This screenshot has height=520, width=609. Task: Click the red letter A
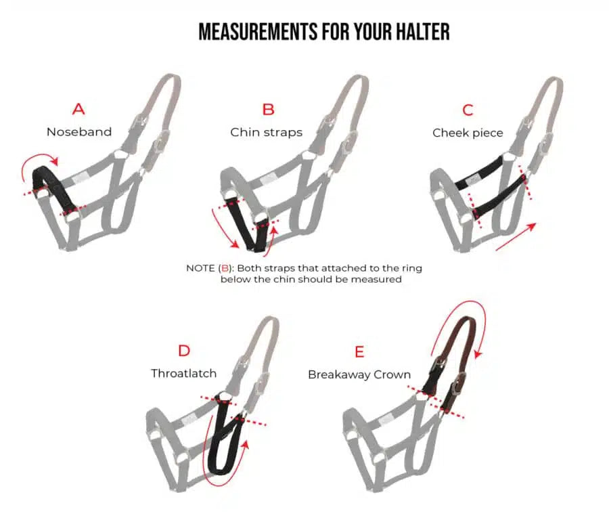[79, 109]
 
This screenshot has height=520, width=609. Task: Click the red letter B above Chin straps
[269, 109]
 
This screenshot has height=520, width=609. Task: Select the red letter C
[468, 110]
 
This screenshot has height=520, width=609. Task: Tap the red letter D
[184, 351]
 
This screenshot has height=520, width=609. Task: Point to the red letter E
[359, 351]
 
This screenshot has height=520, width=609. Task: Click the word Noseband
[79, 132]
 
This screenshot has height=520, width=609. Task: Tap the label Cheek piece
[468, 133]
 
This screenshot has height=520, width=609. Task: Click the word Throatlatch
[184, 373]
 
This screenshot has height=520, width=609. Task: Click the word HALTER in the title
[418, 32]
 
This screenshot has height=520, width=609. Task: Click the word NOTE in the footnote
[200, 268]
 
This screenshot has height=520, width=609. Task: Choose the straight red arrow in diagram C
[516, 237]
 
